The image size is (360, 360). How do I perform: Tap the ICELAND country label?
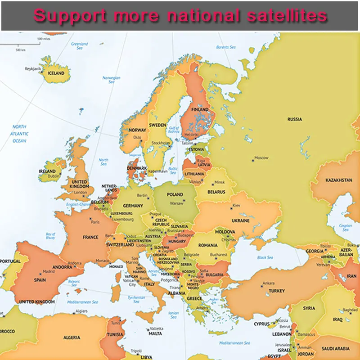[x=56, y=73]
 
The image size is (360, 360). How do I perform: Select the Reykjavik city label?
[x=33, y=68]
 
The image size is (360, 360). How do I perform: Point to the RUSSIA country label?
[x=295, y=119]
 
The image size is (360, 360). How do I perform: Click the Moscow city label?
[x=261, y=158]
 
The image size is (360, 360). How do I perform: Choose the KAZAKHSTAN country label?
[x=339, y=180]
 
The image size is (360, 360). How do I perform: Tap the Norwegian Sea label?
[x=111, y=80]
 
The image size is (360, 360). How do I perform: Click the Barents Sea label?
[x=226, y=47]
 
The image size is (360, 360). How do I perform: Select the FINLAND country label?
[x=200, y=109]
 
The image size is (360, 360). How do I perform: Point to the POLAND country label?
[x=175, y=195]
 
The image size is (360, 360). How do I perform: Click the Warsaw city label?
[x=176, y=203]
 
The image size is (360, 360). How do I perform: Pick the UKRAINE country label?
[x=240, y=221]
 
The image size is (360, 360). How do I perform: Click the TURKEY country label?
[x=277, y=291]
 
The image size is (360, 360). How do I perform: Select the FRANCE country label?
[x=90, y=237]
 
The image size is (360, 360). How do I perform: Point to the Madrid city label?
[x=49, y=272]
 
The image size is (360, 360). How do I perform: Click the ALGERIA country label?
[x=72, y=337]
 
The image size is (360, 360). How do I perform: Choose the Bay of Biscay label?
[x=50, y=236]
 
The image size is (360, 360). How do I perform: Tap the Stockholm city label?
[x=161, y=143]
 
